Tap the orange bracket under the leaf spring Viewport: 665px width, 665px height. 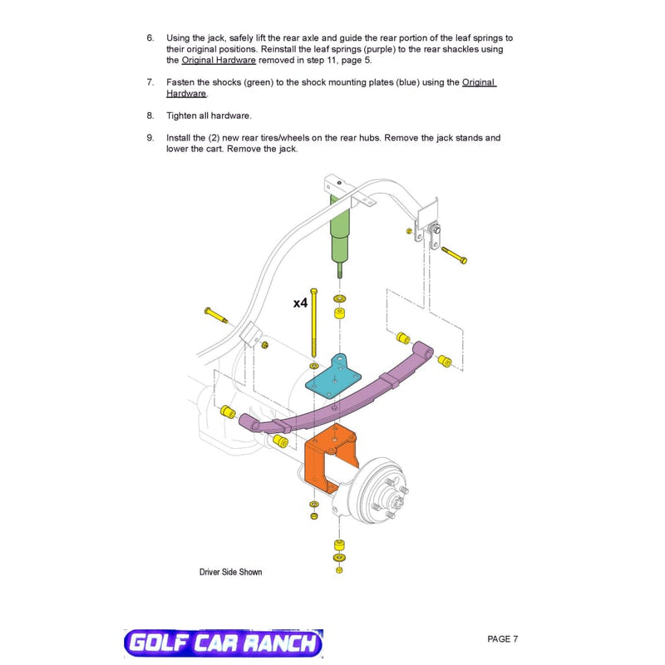coord(331,458)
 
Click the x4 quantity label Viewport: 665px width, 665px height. coord(300,303)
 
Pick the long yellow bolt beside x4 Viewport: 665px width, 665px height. coord(314,323)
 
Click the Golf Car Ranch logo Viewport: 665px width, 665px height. coord(224,642)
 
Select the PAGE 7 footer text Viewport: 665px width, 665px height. coord(503,638)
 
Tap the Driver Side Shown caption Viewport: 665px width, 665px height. coord(231,572)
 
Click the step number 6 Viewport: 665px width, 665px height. coord(150,37)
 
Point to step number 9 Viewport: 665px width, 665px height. coord(150,138)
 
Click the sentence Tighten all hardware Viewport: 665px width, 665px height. coord(209,116)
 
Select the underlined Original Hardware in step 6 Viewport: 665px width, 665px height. coord(219,60)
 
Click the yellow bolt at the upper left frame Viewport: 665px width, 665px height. coord(216,315)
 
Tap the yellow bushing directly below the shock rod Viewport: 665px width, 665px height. coord(339,314)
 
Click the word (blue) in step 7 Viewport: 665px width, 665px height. coord(407,82)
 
